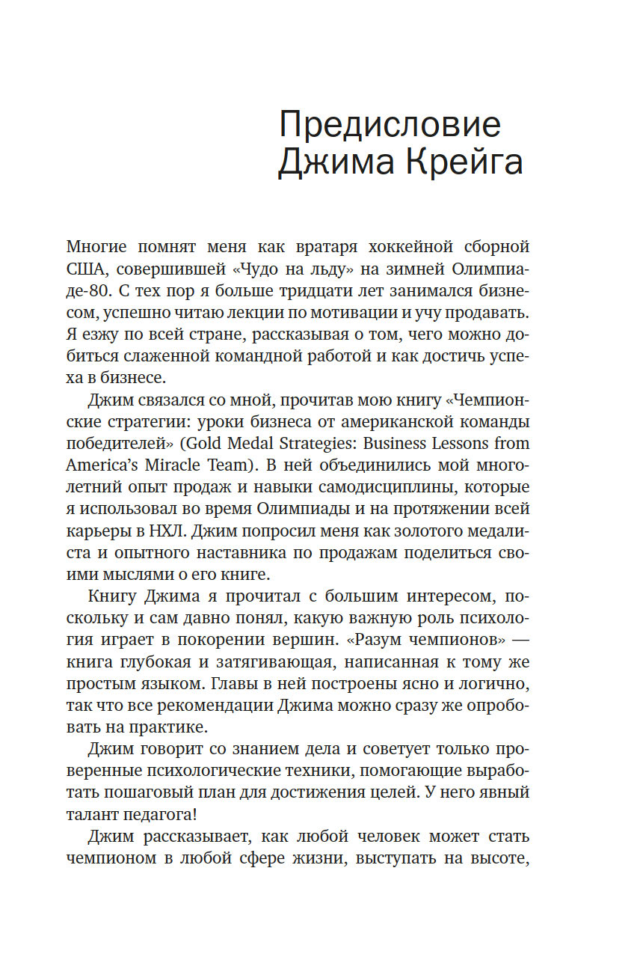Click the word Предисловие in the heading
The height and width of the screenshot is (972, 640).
pos(390,123)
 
